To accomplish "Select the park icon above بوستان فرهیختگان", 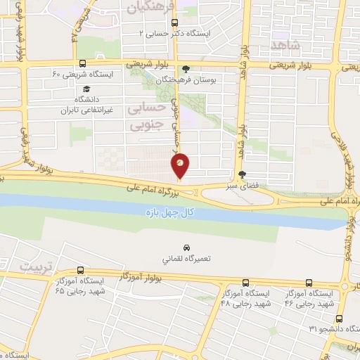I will tap(186, 69).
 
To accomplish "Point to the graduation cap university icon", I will tap(86, 89).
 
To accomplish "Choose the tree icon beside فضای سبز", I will tap(243, 175).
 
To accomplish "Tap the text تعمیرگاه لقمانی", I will tap(186, 259).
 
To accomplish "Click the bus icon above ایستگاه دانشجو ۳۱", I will tap(339, 319).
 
